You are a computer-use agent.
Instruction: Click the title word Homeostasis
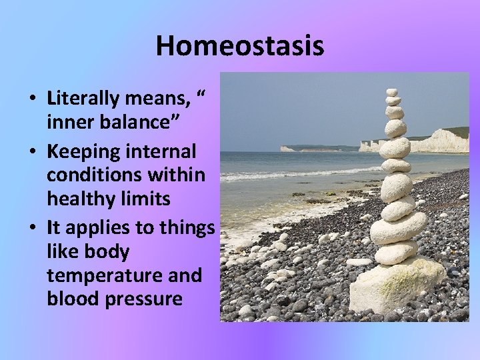pos(240,46)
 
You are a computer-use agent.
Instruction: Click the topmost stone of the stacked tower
pos(392,93)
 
